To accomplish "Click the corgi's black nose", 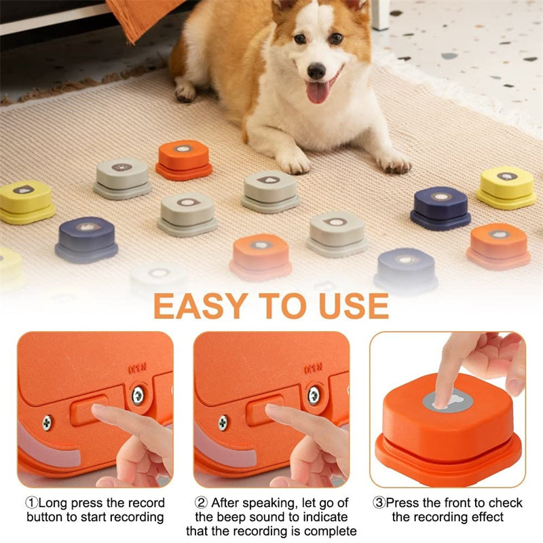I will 316,70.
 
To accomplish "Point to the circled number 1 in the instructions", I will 31,503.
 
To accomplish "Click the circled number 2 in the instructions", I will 200,503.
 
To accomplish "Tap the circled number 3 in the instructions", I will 379,503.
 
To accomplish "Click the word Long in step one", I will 53,503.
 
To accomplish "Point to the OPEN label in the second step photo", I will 312,370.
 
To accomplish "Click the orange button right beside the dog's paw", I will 184,159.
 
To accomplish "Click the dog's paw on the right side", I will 394,162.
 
